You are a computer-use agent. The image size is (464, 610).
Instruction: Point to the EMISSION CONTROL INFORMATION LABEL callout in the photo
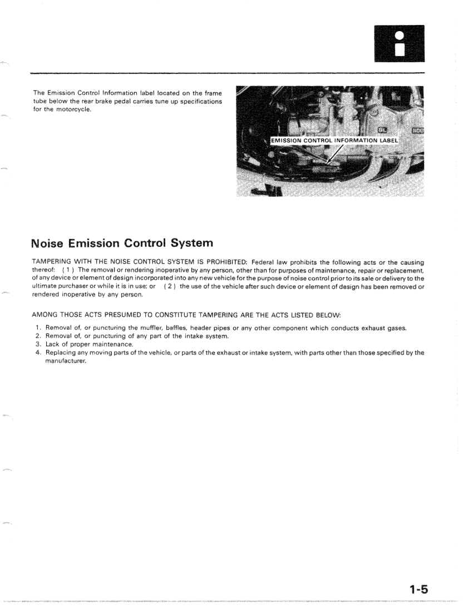(x=334, y=140)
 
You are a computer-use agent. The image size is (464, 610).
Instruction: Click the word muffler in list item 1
(x=152, y=328)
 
